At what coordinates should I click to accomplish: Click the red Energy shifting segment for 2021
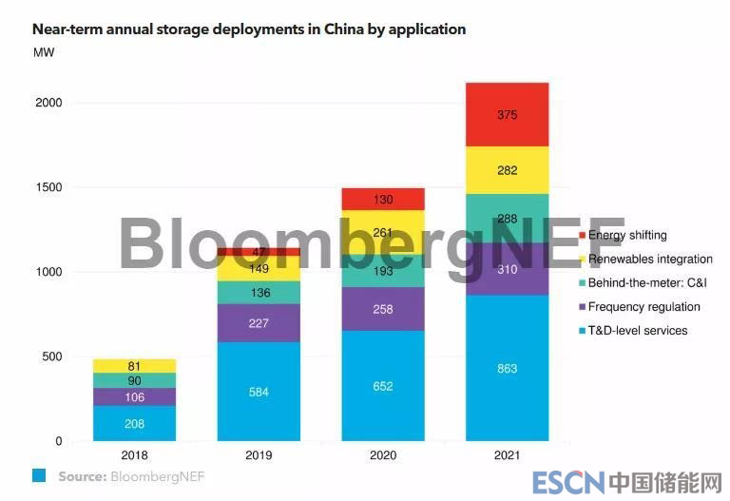507,114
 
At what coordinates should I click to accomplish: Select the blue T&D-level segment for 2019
258,391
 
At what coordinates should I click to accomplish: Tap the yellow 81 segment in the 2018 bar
134,366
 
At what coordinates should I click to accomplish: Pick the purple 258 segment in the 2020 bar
382,309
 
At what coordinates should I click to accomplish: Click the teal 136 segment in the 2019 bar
258,293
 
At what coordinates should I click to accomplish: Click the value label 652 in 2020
382,386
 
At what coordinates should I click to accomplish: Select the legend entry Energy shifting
627,235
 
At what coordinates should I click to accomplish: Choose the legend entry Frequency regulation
644,307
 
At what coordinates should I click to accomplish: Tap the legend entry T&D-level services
637,331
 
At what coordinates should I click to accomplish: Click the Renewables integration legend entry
650,259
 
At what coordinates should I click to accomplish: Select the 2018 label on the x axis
134,455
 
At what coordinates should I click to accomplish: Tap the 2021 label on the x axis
507,455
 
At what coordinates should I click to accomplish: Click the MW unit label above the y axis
44,52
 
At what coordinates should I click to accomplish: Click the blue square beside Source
41,475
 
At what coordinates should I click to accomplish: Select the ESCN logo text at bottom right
567,482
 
